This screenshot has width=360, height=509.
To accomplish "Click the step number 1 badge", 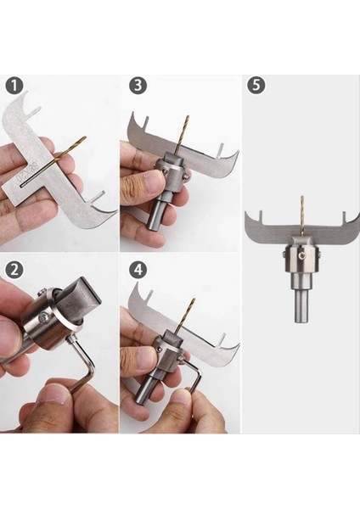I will point(14,85).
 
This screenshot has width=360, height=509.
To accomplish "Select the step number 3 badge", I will point(138,85).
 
